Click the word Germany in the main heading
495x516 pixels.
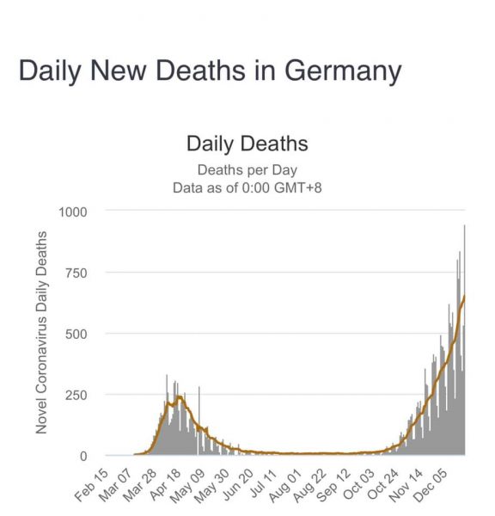(343, 71)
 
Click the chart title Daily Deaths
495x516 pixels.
(247, 144)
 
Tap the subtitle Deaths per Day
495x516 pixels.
(247, 170)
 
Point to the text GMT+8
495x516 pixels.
(298, 187)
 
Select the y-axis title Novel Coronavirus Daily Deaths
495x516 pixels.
(41, 332)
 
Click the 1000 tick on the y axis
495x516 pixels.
(73, 212)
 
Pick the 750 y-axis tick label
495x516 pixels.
(76, 273)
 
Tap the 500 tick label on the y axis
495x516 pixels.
(76, 334)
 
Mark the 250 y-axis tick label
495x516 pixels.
(76, 395)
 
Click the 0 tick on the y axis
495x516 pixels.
(83, 456)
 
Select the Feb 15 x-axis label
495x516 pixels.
(91, 484)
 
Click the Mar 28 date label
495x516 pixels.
(140, 484)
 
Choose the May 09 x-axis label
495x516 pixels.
(188, 484)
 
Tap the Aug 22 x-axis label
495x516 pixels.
(309, 484)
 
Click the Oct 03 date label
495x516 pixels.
(358, 484)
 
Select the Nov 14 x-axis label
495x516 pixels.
(406, 484)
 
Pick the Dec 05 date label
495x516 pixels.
(431, 484)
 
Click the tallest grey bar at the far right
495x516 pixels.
(464, 340)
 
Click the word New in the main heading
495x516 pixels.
(118, 71)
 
